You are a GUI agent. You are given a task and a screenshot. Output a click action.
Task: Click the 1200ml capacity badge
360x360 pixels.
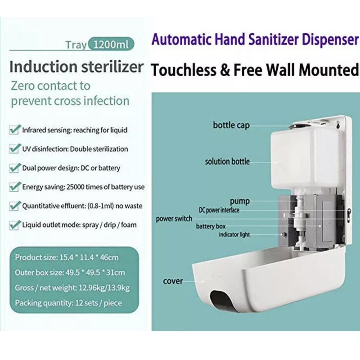(111, 44)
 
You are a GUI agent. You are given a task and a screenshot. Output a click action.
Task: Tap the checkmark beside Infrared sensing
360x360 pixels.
(14, 130)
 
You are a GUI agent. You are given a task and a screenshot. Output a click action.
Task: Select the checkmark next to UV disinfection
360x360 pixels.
(14, 148)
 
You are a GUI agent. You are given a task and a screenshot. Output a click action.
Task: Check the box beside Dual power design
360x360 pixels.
(14, 168)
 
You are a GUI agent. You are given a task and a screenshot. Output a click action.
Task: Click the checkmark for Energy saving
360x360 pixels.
(14, 187)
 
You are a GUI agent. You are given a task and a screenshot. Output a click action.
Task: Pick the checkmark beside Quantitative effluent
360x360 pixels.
(14, 206)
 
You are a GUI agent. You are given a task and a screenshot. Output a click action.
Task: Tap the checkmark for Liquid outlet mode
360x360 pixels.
(14, 225)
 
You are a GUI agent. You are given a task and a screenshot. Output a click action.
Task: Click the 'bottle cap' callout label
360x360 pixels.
(231, 126)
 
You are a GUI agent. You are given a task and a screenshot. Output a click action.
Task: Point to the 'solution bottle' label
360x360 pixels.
(227, 162)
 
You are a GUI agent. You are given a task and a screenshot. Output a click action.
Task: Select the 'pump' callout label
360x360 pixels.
(240, 201)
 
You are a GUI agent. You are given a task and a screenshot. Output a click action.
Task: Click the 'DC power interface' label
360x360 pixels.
(219, 210)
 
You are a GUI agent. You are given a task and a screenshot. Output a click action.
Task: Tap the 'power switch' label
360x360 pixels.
(174, 219)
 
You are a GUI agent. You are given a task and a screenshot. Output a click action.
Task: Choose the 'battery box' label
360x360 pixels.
(211, 226)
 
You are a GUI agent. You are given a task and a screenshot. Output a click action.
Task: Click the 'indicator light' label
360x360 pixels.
(234, 234)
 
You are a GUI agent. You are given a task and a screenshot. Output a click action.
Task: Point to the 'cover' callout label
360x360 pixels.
(173, 281)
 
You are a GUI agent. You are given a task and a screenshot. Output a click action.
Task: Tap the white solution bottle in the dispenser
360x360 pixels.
(306, 161)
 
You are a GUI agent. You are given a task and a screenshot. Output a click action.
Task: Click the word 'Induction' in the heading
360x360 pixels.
(43, 67)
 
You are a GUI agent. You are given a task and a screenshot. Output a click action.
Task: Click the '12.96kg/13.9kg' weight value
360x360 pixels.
(104, 288)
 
